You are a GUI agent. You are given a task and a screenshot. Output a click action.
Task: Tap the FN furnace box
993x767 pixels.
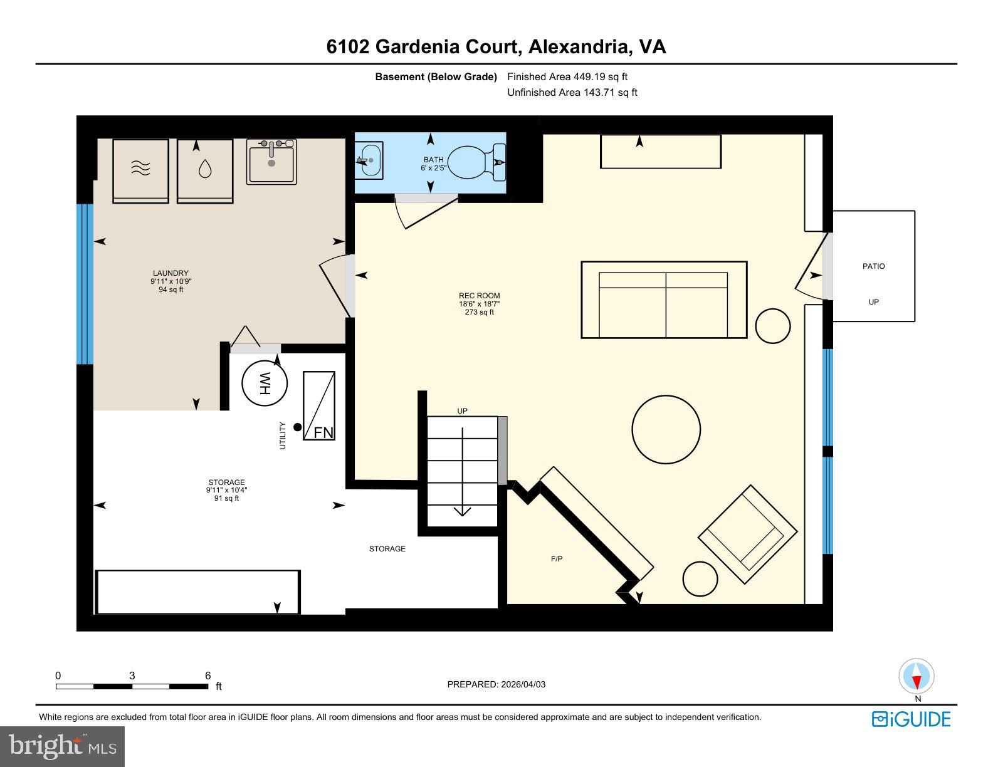[319, 406]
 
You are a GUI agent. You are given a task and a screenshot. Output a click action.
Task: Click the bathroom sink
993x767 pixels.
[370, 160]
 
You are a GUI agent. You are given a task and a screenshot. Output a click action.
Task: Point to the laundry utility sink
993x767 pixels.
[271, 162]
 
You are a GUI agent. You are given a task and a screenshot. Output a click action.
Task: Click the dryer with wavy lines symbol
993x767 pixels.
[141, 170]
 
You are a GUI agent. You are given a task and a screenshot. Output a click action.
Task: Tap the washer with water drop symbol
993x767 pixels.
[205, 170]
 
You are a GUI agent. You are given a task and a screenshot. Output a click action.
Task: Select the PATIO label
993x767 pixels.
[873, 266]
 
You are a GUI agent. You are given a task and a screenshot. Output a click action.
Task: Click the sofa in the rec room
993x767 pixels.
[664, 300]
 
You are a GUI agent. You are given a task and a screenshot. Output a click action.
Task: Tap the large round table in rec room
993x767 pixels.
[666, 429]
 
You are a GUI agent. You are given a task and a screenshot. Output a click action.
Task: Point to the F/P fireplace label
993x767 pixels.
[556, 559]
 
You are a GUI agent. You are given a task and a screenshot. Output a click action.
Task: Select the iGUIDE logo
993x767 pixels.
[911, 719]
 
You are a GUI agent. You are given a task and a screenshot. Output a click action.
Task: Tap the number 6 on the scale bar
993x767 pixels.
[208, 676]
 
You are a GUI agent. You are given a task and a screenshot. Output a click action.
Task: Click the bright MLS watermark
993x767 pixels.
[63, 746]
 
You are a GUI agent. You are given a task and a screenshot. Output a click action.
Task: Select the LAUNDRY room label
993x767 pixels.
[171, 273]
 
